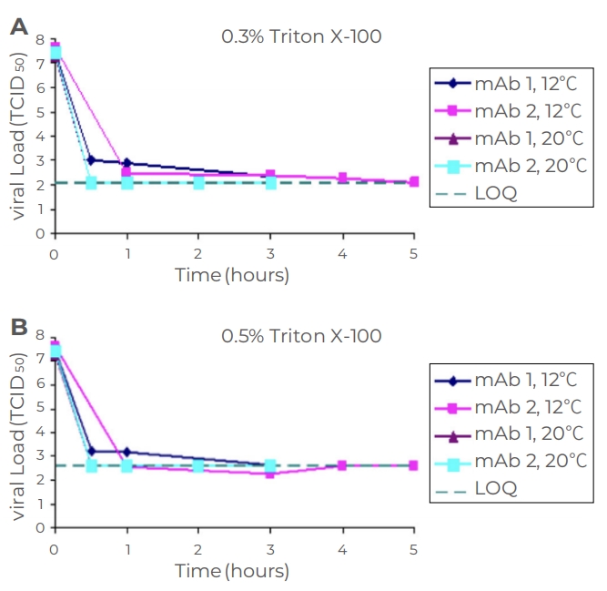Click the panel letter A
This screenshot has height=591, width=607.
18,26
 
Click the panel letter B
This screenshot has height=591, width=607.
18,326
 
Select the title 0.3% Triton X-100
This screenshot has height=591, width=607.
301,37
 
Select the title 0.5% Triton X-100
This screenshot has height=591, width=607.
301,336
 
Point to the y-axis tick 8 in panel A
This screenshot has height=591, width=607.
39,39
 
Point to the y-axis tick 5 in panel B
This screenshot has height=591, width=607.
39,407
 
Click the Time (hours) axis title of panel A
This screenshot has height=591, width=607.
232,274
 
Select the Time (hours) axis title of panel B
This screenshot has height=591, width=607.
232,571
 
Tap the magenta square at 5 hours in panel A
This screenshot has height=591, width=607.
414,182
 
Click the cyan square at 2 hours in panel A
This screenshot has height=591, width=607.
198,183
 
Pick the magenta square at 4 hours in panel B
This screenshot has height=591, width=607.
342,465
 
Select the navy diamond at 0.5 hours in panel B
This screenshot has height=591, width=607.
91,451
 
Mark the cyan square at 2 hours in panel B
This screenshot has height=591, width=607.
198,465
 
